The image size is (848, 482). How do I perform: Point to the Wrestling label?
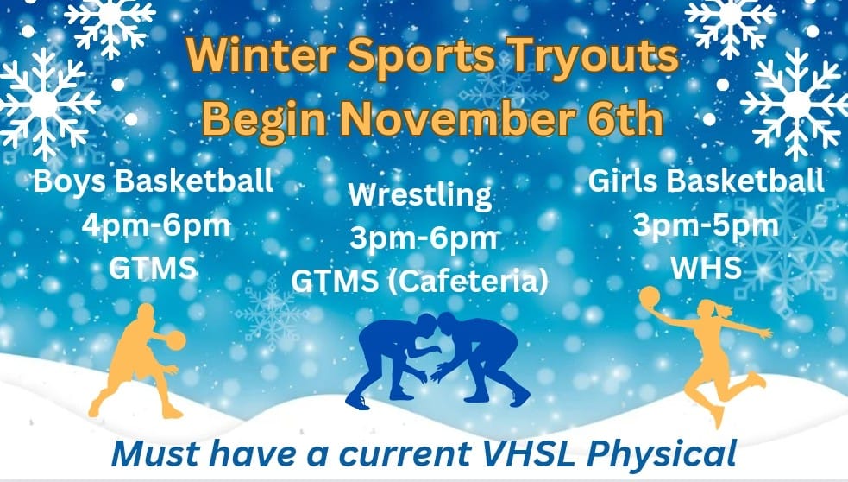pos(420,194)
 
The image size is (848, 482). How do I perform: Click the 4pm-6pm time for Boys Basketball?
pos(156,225)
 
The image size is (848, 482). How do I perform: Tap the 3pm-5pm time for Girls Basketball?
pos(706,225)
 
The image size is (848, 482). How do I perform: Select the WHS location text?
pos(707,268)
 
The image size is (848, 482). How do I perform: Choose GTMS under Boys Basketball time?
pos(154,268)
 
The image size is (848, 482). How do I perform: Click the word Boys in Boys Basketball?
pos(66,182)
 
